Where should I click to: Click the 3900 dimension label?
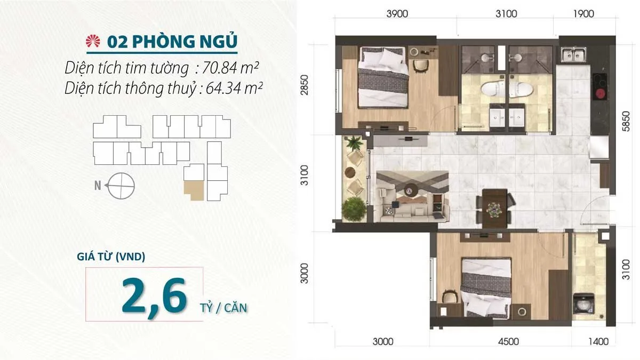click(x=397, y=14)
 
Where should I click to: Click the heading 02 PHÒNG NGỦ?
click(x=172, y=42)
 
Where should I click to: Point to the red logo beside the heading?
click(x=93, y=42)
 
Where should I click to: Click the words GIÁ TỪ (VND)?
click(x=111, y=257)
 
